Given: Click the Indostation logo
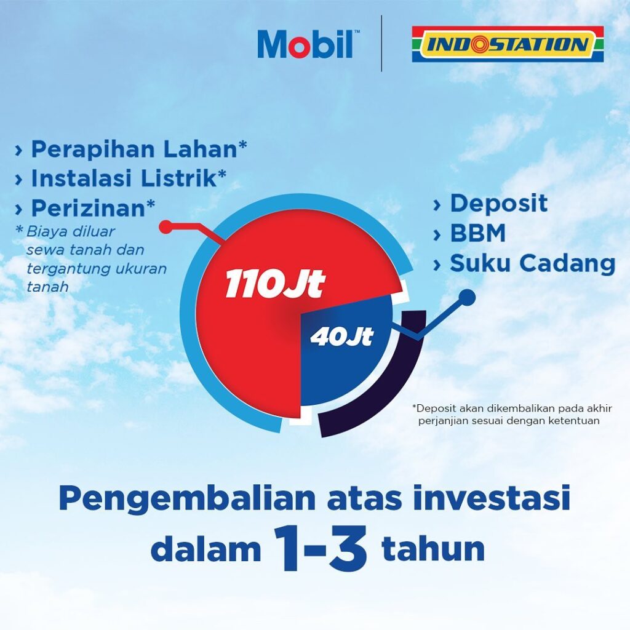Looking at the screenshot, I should (508, 44).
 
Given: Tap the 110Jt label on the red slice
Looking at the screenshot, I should (274, 285).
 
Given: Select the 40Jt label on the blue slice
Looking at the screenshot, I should (341, 337).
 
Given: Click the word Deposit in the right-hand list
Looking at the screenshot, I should (498, 204).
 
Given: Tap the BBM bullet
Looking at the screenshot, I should (477, 234).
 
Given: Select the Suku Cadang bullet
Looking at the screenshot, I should (532, 263).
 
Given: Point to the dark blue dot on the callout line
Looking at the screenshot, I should (468, 298).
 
